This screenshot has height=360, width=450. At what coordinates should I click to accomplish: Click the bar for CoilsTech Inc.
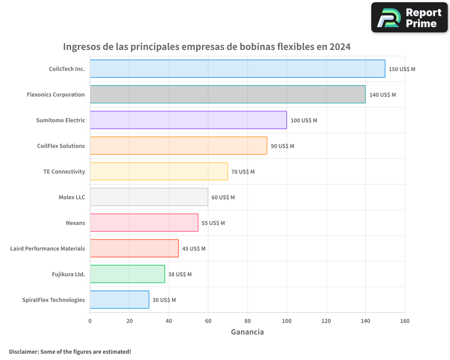(238, 69)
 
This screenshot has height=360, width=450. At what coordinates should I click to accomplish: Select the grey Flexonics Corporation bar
(228, 94)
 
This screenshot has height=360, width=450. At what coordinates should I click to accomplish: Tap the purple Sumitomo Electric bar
(188, 120)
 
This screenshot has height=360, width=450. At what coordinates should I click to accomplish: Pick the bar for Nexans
(144, 223)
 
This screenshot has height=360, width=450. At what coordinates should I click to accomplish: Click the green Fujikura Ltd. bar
(127, 274)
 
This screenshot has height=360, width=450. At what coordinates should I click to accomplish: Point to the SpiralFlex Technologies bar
(119, 300)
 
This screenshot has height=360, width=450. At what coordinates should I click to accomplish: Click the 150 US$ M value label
(402, 69)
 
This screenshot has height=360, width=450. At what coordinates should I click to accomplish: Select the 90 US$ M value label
(282, 146)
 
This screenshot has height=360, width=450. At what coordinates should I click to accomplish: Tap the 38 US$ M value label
(180, 274)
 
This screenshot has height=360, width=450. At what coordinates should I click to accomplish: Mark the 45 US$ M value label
(193, 249)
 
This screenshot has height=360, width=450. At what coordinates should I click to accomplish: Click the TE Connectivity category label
(64, 171)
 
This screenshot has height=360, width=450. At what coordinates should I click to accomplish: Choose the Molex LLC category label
(72, 197)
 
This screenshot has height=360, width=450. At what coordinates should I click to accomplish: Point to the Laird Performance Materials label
(47, 248)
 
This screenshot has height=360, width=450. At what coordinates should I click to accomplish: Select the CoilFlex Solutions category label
(61, 146)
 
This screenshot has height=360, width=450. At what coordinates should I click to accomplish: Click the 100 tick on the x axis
(287, 321)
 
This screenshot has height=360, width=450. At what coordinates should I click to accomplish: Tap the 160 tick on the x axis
(405, 321)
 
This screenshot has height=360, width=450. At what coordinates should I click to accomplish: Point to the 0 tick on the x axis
(90, 321)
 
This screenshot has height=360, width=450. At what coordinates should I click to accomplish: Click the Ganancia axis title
(247, 332)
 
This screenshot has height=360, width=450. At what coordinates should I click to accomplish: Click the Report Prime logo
(409, 18)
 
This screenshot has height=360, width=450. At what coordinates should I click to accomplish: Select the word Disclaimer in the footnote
(23, 351)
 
